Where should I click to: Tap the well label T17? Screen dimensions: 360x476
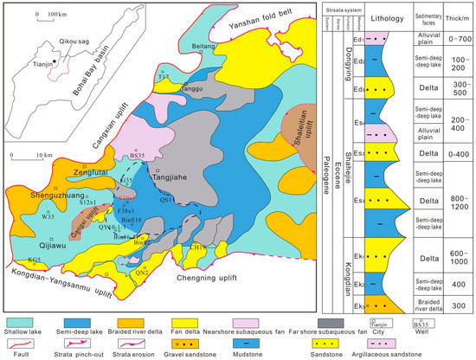coord(164,77)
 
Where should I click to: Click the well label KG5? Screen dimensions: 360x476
coord(34,259)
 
